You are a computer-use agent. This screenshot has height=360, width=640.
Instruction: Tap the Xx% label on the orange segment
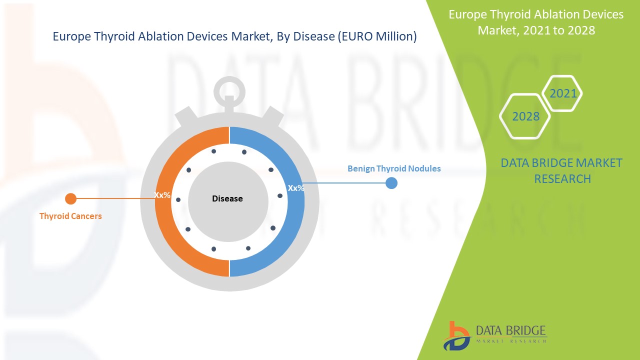click(x=162, y=195)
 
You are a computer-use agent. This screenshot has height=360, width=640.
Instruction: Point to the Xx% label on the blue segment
click(x=296, y=188)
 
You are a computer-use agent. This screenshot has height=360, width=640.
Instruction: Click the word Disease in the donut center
click(x=227, y=199)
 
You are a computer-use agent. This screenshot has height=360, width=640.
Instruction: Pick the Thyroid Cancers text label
click(x=70, y=216)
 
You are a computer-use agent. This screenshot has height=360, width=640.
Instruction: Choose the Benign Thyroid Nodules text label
click(x=394, y=168)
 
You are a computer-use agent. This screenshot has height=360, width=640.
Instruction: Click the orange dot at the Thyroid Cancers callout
click(x=70, y=199)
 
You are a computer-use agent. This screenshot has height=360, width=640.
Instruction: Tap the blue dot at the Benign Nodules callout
click(x=391, y=183)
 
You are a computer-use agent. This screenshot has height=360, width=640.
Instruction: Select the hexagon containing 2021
click(x=562, y=93)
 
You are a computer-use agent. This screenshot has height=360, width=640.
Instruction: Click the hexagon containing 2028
click(x=525, y=116)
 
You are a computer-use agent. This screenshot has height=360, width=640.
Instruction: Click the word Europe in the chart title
click(x=68, y=36)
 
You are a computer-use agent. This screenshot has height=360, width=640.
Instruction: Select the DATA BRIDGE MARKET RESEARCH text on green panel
click(x=562, y=170)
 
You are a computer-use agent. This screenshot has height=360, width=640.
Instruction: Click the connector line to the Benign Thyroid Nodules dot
click(x=345, y=183)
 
